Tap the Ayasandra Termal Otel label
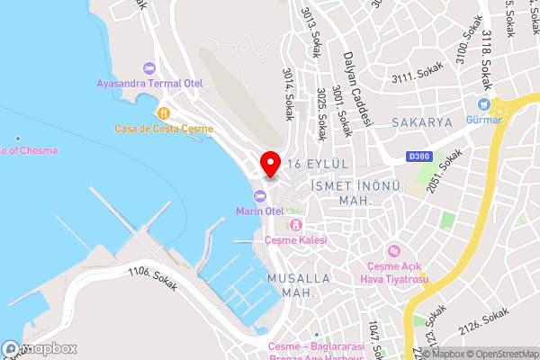pyautogui.click(x=151, y=84)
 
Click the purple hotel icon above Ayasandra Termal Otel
pyautogui.click(x=149, y=68)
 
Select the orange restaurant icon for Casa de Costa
pyautogui.click(x=164, y=113)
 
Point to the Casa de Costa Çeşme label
pyautogui.click(x=164, y=129)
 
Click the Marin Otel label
pyautogui.click(x=260, y=211)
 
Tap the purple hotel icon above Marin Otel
pyautogui.click(x=259, y=196)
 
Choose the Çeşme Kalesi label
pyautogui.click(x=294, y=240)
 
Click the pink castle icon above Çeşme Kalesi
pyautogui.click(x=294, y=225)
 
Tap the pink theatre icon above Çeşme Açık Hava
pyautogui.click(x=392, y=250)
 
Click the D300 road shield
pyautogui.click(x=418, y=156)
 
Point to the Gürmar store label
pyautogui.click(x=484, y=120)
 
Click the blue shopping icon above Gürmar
pyautogui.click(x=485, y=104)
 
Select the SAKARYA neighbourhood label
pyautogui.click(x=422, y=121)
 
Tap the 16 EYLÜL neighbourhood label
pyautogui.click(x=317, y=163)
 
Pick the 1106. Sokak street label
pyautogui.click(x=152, y=278)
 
